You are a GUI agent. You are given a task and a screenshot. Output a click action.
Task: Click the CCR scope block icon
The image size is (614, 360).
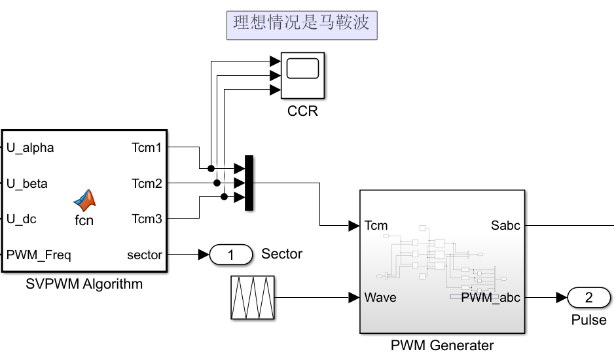tap(302, 74)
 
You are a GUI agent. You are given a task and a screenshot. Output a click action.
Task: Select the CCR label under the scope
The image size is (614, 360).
tap(302, 111)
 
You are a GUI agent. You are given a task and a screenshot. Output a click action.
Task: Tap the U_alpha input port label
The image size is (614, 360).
tap(30, 148)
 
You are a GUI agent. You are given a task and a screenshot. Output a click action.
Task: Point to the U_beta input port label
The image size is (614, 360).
tap(27, 184)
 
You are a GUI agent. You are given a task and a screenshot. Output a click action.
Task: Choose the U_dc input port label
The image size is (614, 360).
tap(22, 219)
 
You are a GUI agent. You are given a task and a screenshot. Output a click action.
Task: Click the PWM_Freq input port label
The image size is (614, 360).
tap(39, 255)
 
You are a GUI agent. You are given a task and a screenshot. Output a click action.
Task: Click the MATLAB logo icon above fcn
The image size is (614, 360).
tap(84, 200)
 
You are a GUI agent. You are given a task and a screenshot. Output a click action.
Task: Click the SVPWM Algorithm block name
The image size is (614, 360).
tap(84, 285)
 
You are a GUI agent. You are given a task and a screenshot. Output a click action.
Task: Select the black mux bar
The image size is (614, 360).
tap(249, 183)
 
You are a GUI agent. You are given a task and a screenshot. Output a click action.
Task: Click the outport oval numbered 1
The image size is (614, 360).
tap(231, 255)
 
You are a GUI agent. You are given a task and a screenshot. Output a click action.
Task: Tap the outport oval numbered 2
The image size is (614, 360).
tap(588, 298)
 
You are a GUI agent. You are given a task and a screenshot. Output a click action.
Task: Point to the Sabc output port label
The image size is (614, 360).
tap(505, 226)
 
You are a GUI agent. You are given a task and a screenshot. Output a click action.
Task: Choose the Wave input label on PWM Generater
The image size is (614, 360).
tap(380, 298)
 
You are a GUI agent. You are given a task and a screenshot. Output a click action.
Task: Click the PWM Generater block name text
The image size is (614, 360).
tap(442, 346)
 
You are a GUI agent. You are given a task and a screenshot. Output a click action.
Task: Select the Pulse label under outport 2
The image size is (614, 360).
tap(588, 321)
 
